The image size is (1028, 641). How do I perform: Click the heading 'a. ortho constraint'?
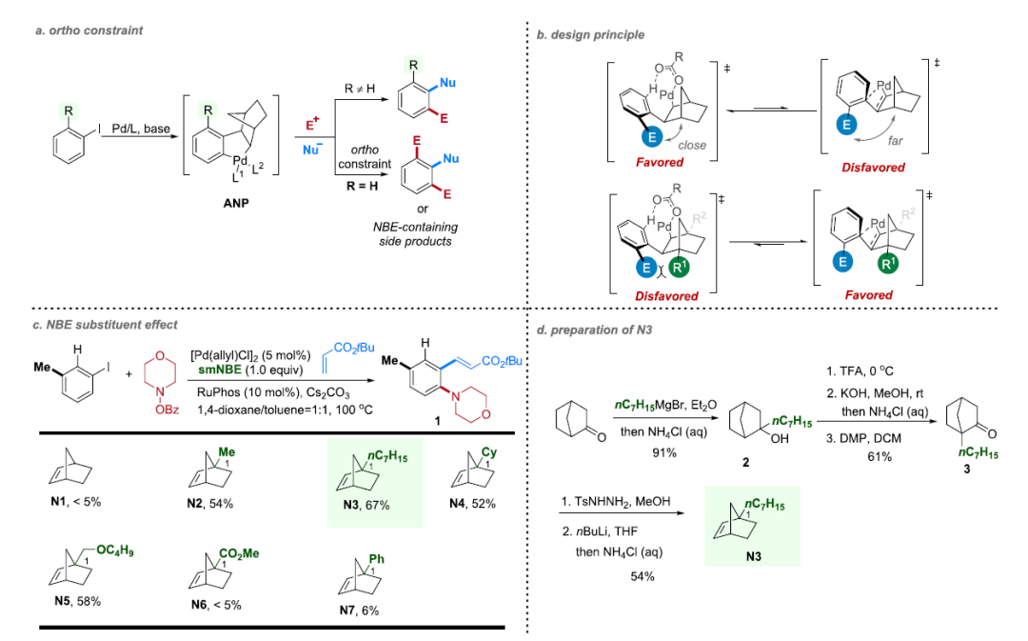click(x=89, y=30)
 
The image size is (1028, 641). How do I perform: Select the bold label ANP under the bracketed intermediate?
click(x=236, y=204)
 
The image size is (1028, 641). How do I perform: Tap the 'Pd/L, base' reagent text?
click(x=141, y=129)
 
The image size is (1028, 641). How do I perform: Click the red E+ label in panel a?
click(x=313, y=125)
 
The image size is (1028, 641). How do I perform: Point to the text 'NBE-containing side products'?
click(x=415, y=234)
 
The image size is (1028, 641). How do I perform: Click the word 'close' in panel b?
click(x=692, y=145)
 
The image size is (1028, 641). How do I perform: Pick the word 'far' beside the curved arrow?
click(x=896, y=140)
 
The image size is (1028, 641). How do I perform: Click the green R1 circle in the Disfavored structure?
click(x=680, y=267)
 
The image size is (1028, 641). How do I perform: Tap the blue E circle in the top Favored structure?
click(x=652, y=136)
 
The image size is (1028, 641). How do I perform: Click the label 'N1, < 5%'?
click(x=76, y=502)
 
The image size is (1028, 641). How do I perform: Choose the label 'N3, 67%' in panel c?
click(x=366, y=505)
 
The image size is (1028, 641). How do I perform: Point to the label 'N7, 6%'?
click(x=359, y=611)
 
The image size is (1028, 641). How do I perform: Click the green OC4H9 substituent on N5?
click(x=115, y=551)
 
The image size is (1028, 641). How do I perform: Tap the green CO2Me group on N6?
click(x=239, y=554)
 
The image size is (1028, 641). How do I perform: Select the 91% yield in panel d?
click(x=664, y=452)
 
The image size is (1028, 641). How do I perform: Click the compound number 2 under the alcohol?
click(x=745, y=463)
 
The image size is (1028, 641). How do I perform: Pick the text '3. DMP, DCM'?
click(x=863, y=438)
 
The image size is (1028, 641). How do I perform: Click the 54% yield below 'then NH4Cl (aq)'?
click(x=642, y=576)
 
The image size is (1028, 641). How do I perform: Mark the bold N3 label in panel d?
click(x=753, y=557)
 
